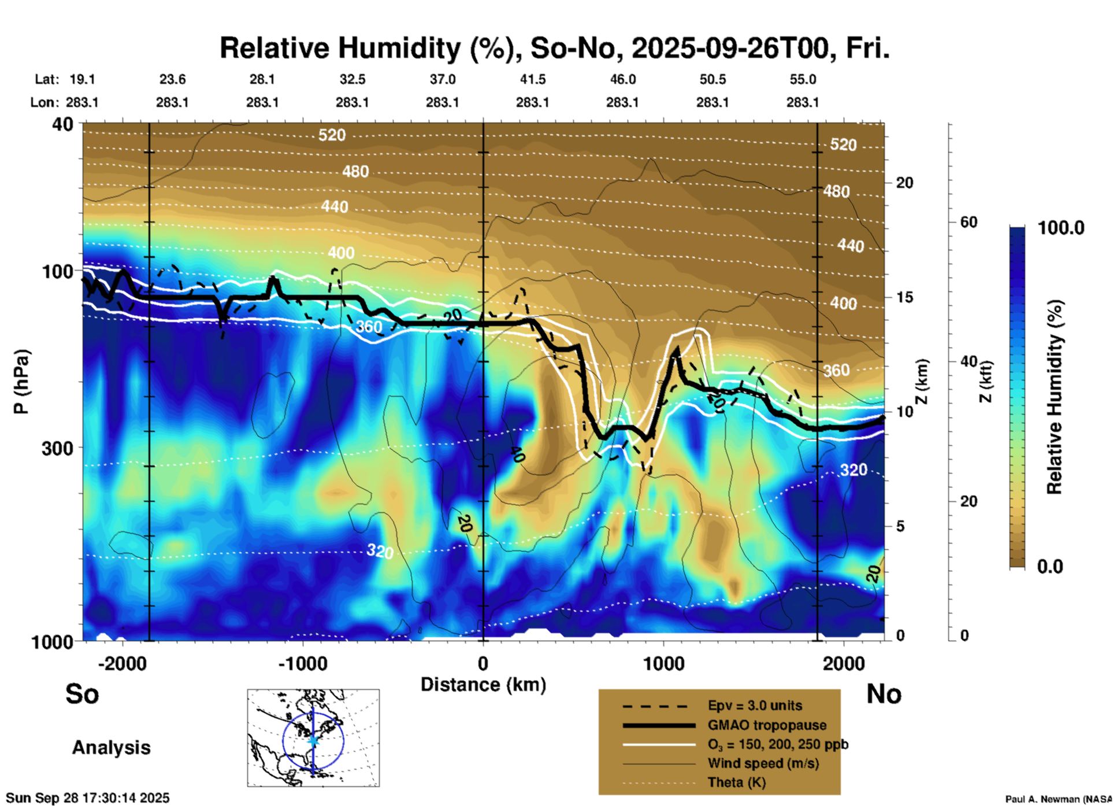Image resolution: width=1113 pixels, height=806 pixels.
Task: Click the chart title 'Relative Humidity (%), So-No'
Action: (x=554, y=49)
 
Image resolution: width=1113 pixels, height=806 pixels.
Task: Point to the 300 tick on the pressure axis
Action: (x=58, y=448)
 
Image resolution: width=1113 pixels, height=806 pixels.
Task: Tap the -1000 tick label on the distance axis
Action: (x=302, y=664)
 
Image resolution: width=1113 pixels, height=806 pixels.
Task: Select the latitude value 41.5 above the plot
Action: (x=532, y=79)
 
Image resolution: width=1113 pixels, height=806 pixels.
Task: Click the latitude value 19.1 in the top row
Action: (x=82, y=79)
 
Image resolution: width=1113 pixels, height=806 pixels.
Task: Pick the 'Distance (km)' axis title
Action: (x=483, y=685)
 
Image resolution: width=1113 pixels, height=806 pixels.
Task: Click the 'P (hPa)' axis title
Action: (x=21, y=382)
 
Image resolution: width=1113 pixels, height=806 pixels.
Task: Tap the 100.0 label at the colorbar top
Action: (x=1061, y=228)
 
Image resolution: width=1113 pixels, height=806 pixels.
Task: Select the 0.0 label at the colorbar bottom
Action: (x=1049, y=566)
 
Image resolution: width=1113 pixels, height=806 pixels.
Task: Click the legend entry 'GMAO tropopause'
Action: (x=767, y=725)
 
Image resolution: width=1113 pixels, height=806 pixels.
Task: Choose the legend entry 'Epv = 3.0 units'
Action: (x=755, y=706)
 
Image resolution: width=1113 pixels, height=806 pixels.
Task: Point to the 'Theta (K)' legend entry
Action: (x=736, y=782)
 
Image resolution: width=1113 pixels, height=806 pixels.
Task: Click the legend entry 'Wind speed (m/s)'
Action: (x=763, y=763)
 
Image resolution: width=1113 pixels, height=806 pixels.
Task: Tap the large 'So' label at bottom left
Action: (x=82, y=694)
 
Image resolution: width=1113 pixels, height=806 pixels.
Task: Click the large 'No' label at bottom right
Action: (x=884, y=694)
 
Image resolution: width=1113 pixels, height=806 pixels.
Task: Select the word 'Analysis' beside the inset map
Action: (x=111, y=748)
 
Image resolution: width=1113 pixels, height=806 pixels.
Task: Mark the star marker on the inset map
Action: (x=313, y=740)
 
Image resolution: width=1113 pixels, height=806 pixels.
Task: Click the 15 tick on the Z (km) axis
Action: (x=904, y=297)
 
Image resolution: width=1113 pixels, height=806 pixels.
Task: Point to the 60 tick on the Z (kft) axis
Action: (x=969, y=222)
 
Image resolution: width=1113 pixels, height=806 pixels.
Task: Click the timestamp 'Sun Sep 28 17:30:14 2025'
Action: (x=88, y=798)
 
